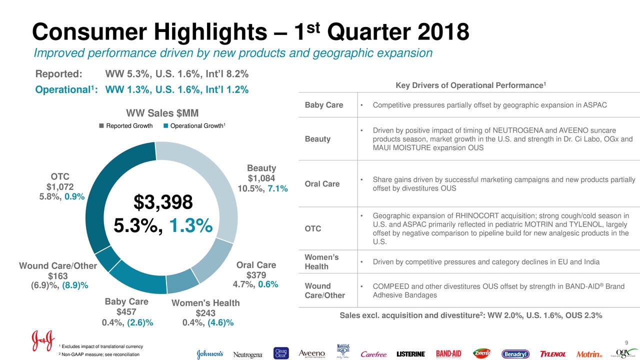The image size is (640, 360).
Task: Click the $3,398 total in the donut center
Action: click(162, 202)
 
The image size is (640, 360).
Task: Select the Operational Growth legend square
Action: click(166, 126)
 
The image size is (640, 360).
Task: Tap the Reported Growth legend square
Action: click(102, 126)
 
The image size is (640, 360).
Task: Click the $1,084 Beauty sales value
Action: click(261, 178)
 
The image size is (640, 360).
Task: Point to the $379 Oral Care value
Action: click(256, 275)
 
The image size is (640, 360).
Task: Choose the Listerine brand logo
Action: click(410, 354)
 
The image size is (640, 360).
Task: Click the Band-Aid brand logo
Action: click(448, 353)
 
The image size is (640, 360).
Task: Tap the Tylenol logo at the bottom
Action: click(552, 354)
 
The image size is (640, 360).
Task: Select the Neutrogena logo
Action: click(248, 354)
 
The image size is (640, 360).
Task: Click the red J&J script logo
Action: click(42, 340)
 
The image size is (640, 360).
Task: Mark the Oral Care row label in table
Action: click(322, 184)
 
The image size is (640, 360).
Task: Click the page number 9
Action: click(626, 342)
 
